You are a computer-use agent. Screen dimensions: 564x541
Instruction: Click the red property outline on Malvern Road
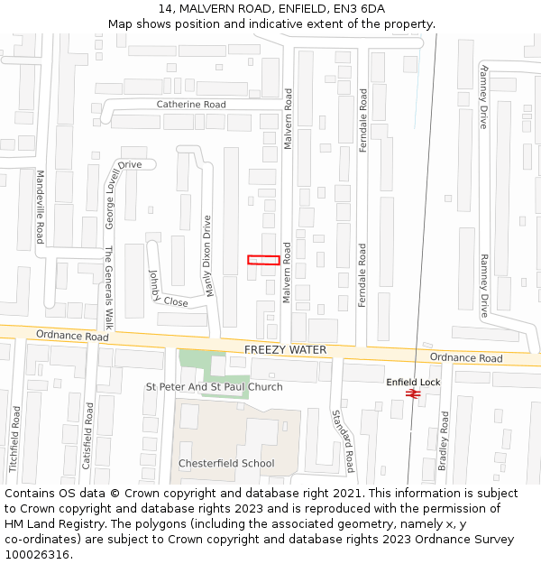pyautogui.click(x=263, y=260)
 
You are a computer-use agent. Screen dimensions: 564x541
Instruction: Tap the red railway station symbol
pyautogui.click(x=413, y=393)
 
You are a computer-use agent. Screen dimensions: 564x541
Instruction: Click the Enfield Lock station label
pyautogui.click(x=413, y=383)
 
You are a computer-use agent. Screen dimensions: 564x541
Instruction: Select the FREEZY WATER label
pyautogui.click(x=285, y=349)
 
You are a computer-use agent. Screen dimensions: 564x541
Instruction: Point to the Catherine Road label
pyautogui.click(x=191, y=105)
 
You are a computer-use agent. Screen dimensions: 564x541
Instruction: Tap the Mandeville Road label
pyautogui.click(x=40, y=207)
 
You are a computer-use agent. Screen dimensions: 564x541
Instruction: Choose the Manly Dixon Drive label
pyautogui.click(x=208, y=256)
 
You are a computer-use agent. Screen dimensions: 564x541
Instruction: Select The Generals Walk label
pyautogui.click(x=109, y=287)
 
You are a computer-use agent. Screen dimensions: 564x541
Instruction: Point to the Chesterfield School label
pyautogui.click(x=226, y=464)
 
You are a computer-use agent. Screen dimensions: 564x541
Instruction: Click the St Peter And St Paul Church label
pyautogui.click(x=215, y=387)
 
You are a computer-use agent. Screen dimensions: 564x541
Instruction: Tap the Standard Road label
pyautogui.click(x=343, y=441)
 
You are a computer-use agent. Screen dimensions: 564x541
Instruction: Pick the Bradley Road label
pyautogui.click(x=443, y=441)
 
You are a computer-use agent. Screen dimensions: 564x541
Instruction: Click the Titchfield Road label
pyautogui.click(x=15, y=439)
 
